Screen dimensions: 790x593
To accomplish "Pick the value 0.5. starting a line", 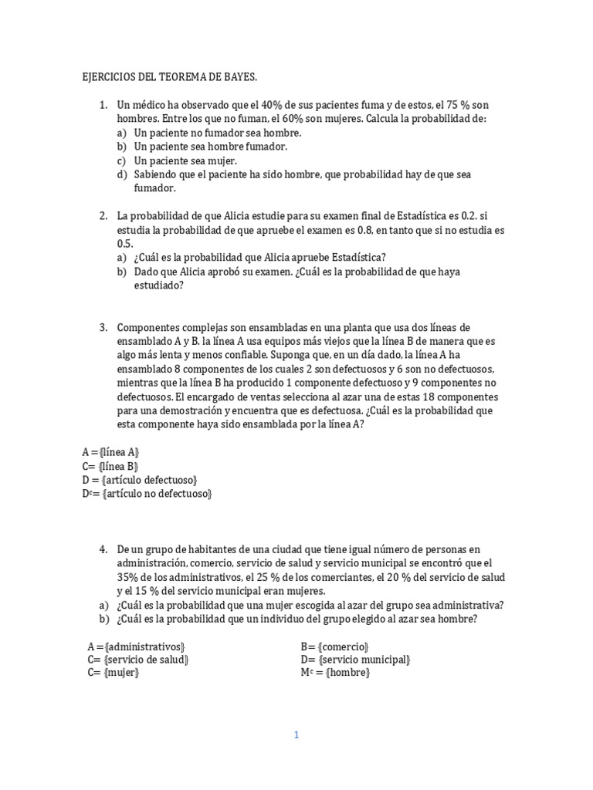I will click(x=126, y=243).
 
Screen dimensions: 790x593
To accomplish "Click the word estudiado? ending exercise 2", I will click(x=158, y=285).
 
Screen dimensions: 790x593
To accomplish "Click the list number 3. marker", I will click(x=103, y=327).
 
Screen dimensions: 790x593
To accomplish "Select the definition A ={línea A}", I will click(x=111, y=452).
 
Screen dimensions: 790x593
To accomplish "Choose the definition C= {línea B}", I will click(x=110, y=466).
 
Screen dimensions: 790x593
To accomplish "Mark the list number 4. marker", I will click(x=103, y=549).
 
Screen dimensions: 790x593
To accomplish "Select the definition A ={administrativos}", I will click(x=137, y=646).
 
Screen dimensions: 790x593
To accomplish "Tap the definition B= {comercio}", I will click(x=335, y=646).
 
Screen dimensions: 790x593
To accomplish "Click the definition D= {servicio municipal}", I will click(x=355, y=660).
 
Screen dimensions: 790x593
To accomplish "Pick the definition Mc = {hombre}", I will click(x=336, y=674).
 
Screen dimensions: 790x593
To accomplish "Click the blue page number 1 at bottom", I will click(x=296, y=735).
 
